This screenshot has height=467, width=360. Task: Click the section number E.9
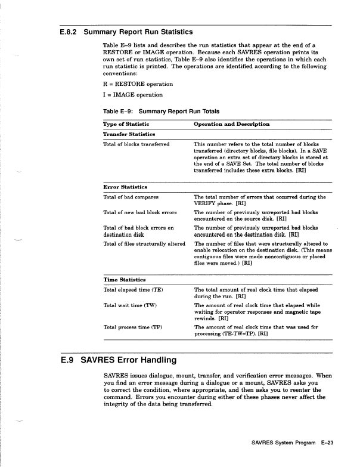coord(68,360)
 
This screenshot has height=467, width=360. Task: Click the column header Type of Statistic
coord(126,123)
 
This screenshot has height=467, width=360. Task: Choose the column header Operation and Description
coord(232,123)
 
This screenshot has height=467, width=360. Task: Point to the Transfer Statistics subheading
coord(129,134)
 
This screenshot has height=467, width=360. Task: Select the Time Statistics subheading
coord(124,279)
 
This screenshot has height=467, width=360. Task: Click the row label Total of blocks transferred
coord(136,144)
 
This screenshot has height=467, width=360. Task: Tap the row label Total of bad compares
coord(131,196)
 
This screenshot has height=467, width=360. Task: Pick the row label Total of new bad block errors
coord(140,212)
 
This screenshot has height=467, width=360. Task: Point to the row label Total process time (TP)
coord(133,327)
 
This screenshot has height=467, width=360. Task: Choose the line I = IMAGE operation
coord(133,95)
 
